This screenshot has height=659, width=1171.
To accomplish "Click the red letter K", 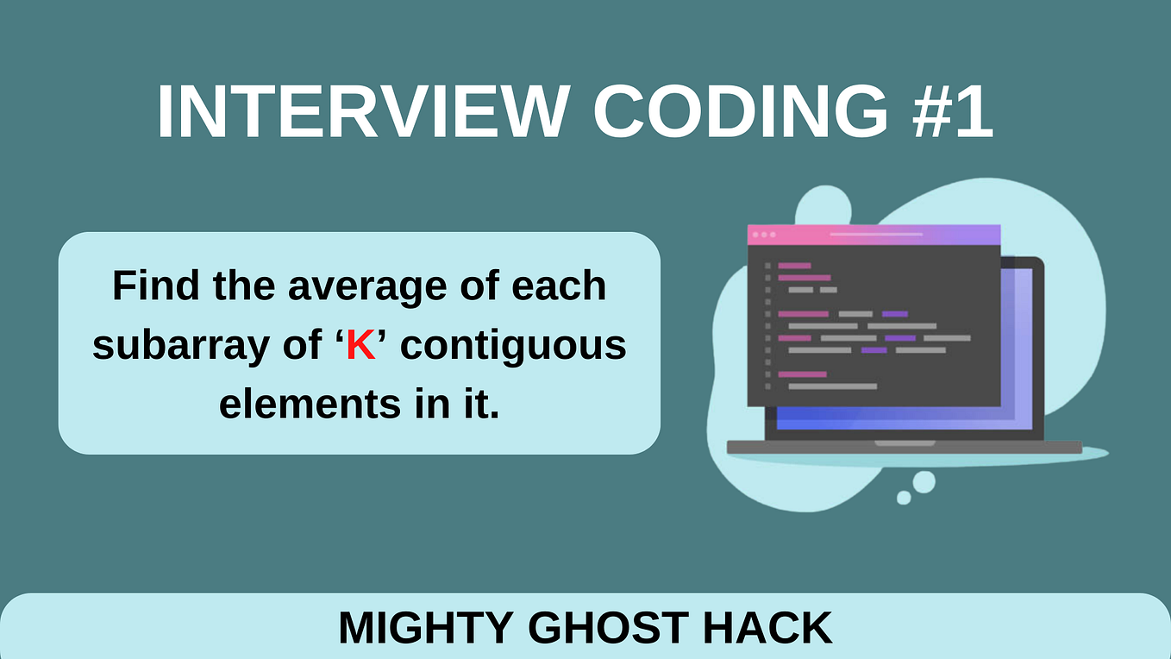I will point(362,346).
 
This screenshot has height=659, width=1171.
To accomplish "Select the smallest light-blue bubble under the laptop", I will point(904,498).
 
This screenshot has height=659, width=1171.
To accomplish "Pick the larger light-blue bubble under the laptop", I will point(924,482).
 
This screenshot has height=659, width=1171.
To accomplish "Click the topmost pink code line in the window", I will point(794,266).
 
